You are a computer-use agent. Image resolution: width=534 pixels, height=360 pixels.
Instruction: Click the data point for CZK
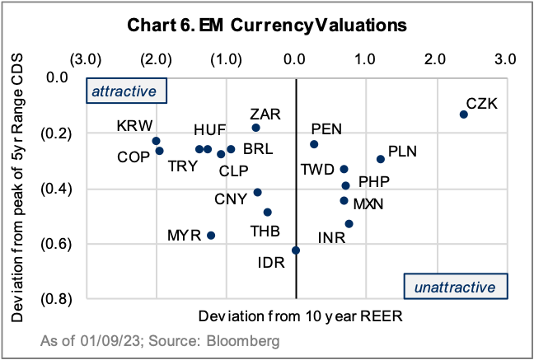[x=464, y=115]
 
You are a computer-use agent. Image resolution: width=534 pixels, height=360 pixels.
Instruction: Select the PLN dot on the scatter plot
[x=381, y=159]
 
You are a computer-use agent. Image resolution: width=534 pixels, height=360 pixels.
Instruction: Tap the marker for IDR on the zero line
[x=296, y=250]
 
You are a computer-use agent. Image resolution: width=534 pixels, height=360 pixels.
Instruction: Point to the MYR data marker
[x=211, y=235]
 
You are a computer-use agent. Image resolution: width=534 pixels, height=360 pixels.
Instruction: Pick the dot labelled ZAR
[x=255, y=128]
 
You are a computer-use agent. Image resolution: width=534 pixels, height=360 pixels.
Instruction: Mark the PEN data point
[x=314, y=144]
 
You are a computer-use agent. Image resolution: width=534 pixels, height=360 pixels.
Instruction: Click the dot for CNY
[x=258, y=192]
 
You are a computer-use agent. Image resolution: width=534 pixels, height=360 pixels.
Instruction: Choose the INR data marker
[x=349, y=223]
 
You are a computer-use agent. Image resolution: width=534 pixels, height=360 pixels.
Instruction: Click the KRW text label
[x=134, y=126]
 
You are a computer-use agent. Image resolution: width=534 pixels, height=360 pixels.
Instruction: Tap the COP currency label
[x=133, y=157]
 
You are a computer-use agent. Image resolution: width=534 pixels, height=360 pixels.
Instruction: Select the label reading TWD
[x=317, y=171]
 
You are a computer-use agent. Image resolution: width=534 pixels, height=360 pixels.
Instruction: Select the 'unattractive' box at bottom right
[x=456, y=287]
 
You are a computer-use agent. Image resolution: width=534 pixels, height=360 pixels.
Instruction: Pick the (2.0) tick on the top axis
[x=156, y=59]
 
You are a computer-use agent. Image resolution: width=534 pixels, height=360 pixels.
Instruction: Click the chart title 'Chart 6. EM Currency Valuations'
[x=267, y=25]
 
